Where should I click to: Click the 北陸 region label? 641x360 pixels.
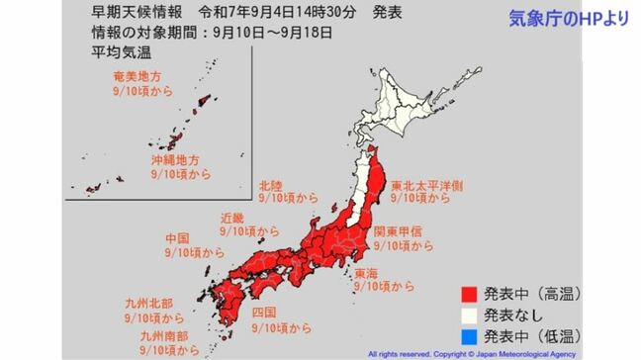pyautogui.click(x=271, y=184)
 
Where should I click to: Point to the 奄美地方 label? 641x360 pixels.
pyautogui.click(x=137, y=74)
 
